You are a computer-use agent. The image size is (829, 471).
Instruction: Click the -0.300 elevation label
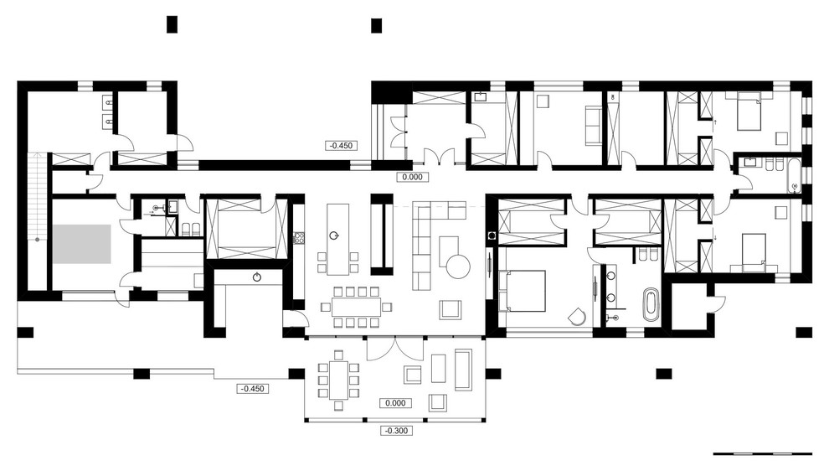point(397,431)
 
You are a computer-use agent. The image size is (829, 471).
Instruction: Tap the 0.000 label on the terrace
point(395,403)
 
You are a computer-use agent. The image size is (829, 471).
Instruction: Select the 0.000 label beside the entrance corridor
point(412,178)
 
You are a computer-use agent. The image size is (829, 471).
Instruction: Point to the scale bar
point(762,453)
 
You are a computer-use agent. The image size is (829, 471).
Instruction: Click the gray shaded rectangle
point(81,244)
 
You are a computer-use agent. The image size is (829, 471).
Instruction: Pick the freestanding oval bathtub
point(651,304)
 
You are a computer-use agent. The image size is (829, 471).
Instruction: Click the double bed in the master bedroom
point(522,291)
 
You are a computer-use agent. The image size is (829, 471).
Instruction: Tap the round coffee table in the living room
point(458,267)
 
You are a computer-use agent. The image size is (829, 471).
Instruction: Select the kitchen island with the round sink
point(337,239)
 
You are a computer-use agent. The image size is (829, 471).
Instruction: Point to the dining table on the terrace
point(338,380)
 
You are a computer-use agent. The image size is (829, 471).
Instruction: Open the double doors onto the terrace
point(395,349)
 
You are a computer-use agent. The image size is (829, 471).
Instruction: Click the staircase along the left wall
point(37,197)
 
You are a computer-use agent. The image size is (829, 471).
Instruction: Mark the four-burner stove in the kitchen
point(299,238)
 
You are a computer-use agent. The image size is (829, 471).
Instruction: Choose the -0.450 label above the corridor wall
point(341,146)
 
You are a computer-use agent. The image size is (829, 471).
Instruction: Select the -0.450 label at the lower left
point(252,389)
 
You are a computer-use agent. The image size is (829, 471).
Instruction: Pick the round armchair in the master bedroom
point(578,317)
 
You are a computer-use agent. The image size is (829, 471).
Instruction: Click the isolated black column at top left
point(172,24)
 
